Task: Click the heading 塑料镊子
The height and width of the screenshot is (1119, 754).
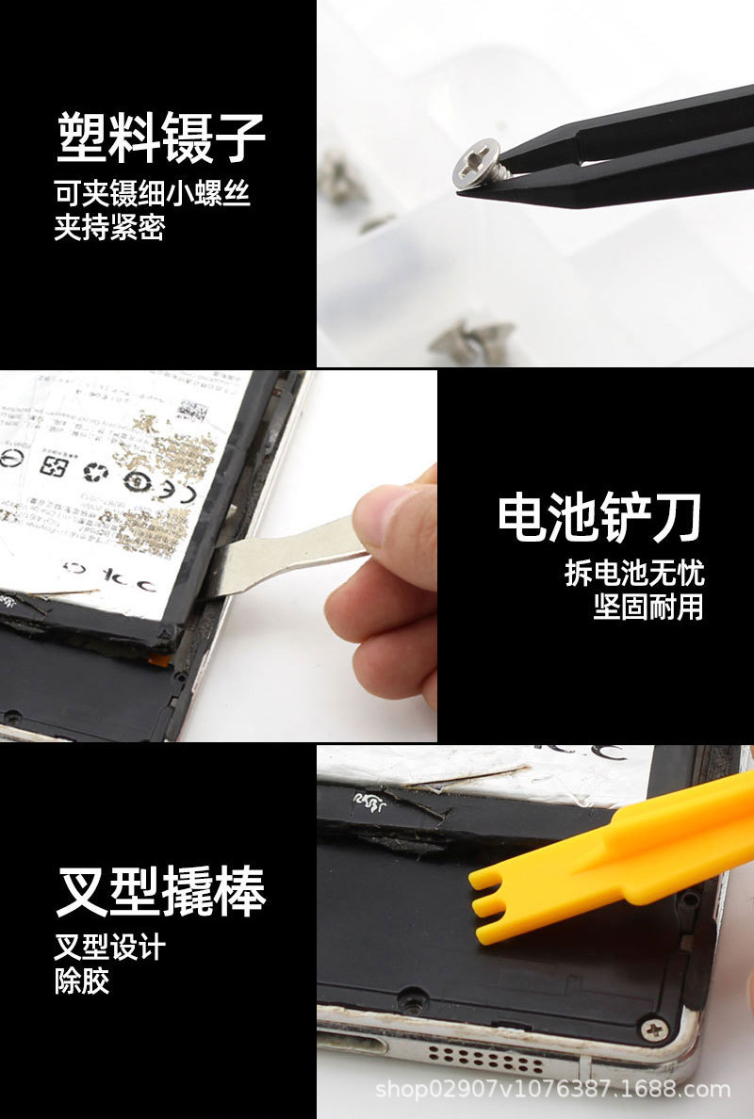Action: (x=161, y=138)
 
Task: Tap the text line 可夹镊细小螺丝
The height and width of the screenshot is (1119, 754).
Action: (x=152, y=194)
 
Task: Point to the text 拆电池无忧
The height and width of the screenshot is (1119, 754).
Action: (x=634, y=573)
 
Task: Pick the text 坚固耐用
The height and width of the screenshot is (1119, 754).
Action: (x=648, y=606)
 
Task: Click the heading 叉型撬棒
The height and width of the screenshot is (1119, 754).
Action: (x=161, y=890)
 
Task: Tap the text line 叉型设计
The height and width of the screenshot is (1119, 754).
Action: (x=109, y=947)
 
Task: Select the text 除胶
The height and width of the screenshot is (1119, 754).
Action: (x=82, y=981)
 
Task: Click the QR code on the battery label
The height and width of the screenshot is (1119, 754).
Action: (x=193, y=412)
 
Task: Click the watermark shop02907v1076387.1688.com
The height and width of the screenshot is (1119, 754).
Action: (x=552, y=1090)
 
